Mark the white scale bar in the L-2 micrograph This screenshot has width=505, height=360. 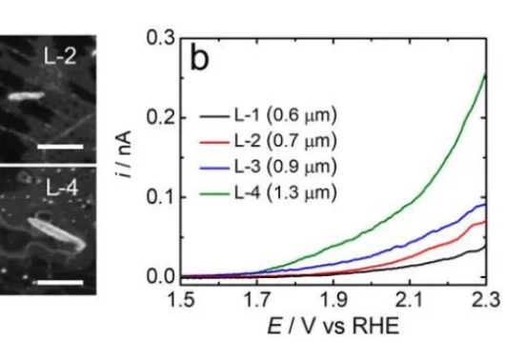63,148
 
